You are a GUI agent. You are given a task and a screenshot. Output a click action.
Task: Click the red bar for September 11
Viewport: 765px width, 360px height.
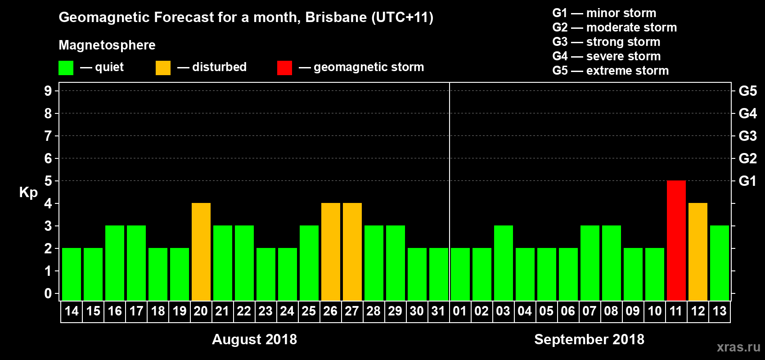pyautogui.click(x=676, y=240)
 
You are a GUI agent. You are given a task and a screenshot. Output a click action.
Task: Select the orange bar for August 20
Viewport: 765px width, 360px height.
pyautogui.click(x=201, y=252)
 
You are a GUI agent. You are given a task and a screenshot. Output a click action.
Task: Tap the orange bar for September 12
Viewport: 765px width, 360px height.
pyautogui.click(x=697, y=252)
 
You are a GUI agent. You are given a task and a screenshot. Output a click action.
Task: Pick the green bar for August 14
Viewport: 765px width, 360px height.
pyautogui.click(x=71, y=274)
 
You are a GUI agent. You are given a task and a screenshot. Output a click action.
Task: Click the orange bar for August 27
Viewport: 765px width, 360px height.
pyautogui.click(x=352, y=252)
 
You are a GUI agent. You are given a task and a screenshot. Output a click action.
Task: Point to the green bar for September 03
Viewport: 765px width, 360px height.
pyautogui.click(x=503, y=263)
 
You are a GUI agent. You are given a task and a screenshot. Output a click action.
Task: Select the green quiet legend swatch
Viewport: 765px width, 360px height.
pyautogui.click(x=66, y=68)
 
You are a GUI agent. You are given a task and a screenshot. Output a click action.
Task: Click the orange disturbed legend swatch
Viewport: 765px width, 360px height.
pyautogui.click(x=163, y=68)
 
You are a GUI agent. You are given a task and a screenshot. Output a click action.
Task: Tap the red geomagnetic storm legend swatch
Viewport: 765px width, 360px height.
pyautogui.click(x=284, y=68)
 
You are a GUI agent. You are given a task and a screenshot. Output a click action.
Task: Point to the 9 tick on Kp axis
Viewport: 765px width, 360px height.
pyautogui.click(x=48, y=91)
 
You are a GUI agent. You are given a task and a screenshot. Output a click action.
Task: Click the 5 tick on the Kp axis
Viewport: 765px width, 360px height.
pyautogui.click(x=48, y=181)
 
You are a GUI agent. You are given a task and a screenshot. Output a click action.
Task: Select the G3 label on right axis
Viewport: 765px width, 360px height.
pyautogui.click(x=747, y=136)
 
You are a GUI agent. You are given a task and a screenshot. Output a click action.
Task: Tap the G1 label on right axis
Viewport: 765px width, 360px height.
pyautogui.click(x=747, y=181)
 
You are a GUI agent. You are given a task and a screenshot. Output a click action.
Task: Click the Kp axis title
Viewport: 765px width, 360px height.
pyautogui.click(x=28, y=192)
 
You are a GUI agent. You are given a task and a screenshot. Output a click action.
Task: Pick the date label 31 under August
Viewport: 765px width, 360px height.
pyautogui.click(x=438, y=311)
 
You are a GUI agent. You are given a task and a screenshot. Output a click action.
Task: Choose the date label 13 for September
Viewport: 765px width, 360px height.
pyautogui.click(x=719, y=311)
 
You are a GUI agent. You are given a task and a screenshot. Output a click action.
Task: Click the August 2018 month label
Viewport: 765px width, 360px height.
pyautogui.click(x=254, y=339)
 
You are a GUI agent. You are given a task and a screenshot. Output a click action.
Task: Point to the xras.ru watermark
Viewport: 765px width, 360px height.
pyautogui.click(x=738, y=347)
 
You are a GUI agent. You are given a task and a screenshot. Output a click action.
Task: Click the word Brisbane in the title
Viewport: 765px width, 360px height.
pyautogui.click(x=336, y=17)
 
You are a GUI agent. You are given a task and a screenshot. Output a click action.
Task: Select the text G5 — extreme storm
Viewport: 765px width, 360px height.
pyautogui.click(x=610, y=71)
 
